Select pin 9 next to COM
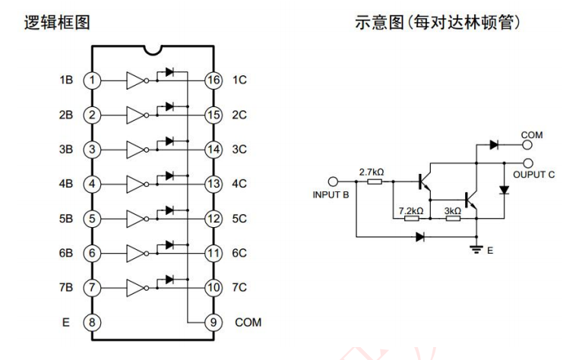214,322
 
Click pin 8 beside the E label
92,322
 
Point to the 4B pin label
65,183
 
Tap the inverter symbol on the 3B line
134,148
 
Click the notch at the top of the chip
153,49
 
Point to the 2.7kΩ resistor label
372,172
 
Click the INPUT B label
331,195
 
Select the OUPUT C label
537,174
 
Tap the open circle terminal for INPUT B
332,182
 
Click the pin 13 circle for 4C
214,183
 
